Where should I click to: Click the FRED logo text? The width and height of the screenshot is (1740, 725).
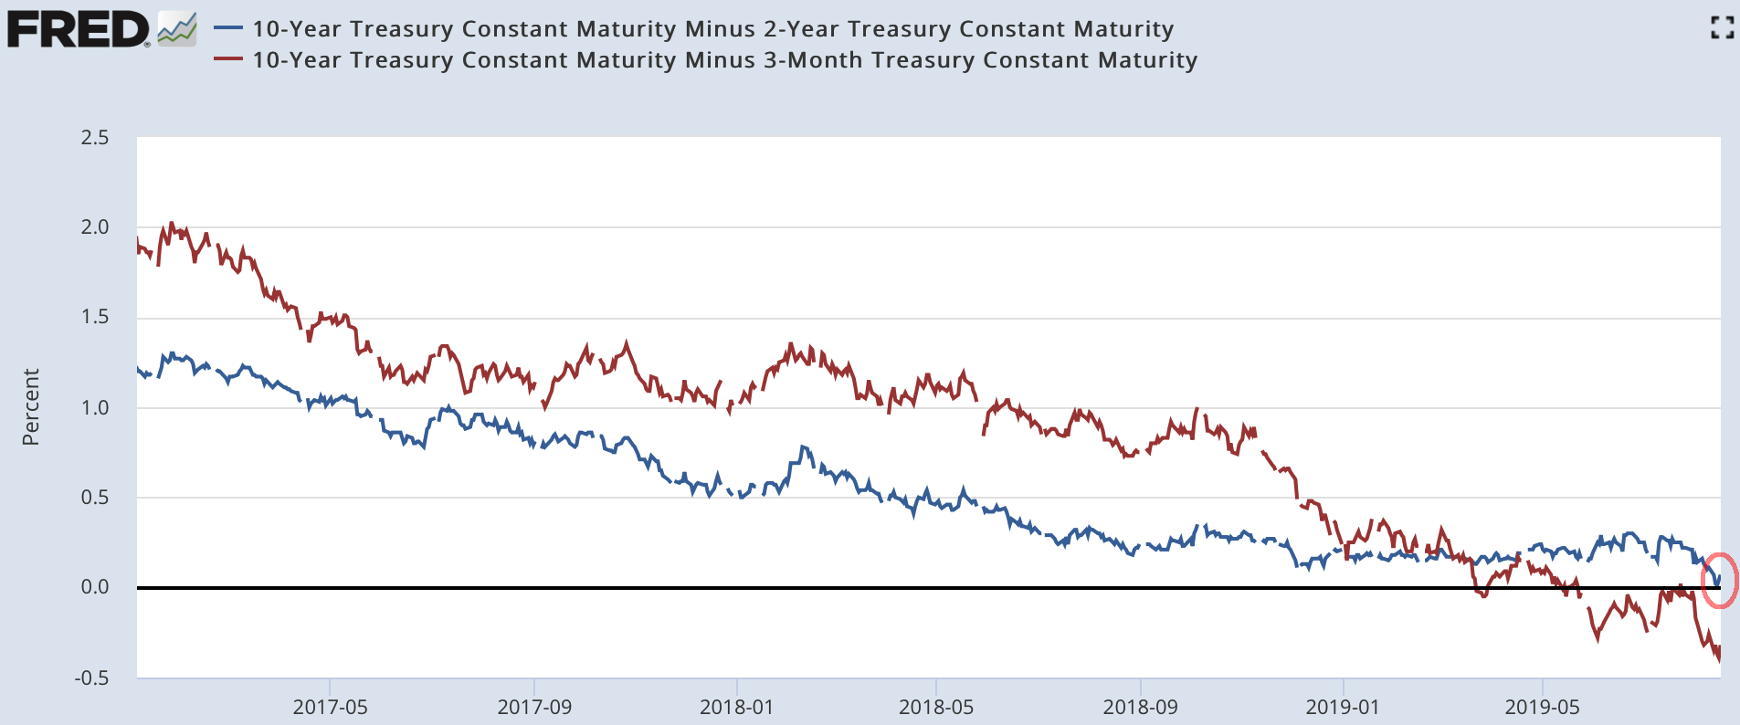[x=78, y=30]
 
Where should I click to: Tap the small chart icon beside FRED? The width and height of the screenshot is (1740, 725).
[x=177, y=29]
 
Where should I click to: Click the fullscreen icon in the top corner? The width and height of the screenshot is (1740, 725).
[x=1722, y=28]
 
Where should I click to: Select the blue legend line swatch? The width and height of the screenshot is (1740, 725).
[x=227, y=28]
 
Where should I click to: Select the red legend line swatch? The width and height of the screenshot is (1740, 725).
[x=227, y=59]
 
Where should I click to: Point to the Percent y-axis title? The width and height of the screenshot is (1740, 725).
[x=31, y=407]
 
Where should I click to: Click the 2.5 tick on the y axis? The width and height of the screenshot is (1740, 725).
[x=94, y=138]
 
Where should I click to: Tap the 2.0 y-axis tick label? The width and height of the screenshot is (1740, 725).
[x=94, y=227]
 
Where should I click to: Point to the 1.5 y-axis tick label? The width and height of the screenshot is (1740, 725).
[x=94, y=317]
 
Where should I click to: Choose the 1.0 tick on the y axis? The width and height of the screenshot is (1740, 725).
[x=94, y=407]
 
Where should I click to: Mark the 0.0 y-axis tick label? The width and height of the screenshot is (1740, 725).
[x=94, y=587]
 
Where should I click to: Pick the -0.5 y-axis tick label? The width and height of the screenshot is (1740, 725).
[x=91, y=678]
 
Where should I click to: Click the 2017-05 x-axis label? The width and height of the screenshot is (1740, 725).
[x=330, y=707]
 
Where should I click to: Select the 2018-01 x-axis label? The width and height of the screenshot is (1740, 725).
[x=736, y=707]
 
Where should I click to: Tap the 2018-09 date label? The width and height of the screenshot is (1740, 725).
[x=1140, y=707]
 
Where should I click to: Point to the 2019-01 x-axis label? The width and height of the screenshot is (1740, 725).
[x=1343, y=707]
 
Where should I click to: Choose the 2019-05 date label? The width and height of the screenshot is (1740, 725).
[x=1542, y=707]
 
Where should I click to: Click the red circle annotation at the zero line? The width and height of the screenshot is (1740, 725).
[x=1720, y=581]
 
